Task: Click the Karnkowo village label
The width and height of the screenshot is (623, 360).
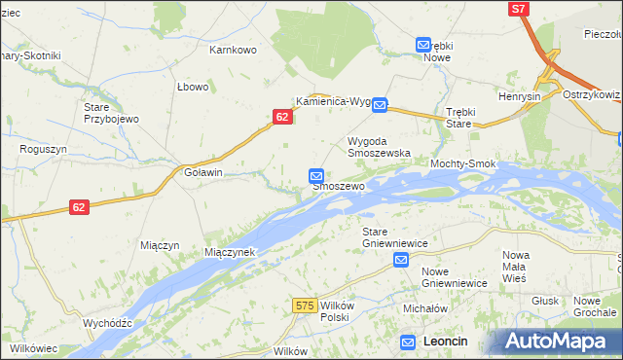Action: (x=232, y=49)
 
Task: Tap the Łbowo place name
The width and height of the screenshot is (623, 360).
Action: (x=193, y=87)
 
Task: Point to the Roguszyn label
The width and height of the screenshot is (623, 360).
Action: (x=42, y=150)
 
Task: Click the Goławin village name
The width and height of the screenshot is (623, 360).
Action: (x=203, y=172)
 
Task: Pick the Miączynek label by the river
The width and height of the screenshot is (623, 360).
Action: (x=229, y=252)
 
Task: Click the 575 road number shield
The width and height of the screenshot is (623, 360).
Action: (x=304, y=306)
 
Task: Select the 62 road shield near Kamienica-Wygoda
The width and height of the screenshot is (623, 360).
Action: (x=281, y=116)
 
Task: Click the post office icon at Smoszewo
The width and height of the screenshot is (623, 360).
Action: (x=316, y=175)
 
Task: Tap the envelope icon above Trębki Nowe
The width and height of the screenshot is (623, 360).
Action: (x=423, y=45)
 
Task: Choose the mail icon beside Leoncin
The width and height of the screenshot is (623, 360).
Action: (x=409, y=342)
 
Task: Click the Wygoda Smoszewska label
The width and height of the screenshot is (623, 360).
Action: (x=380, y=147)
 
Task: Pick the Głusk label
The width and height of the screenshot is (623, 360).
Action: (x=546, y=301)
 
